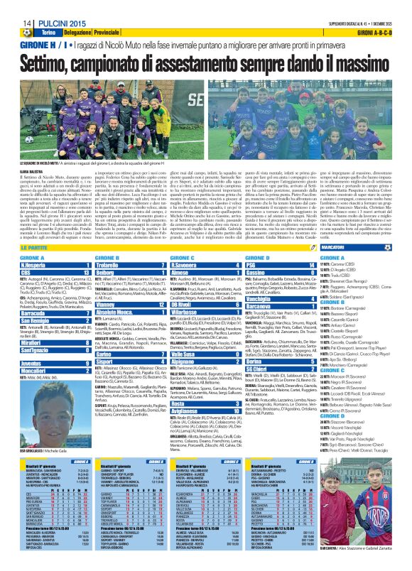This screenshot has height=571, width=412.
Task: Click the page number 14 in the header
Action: point(7,6)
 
